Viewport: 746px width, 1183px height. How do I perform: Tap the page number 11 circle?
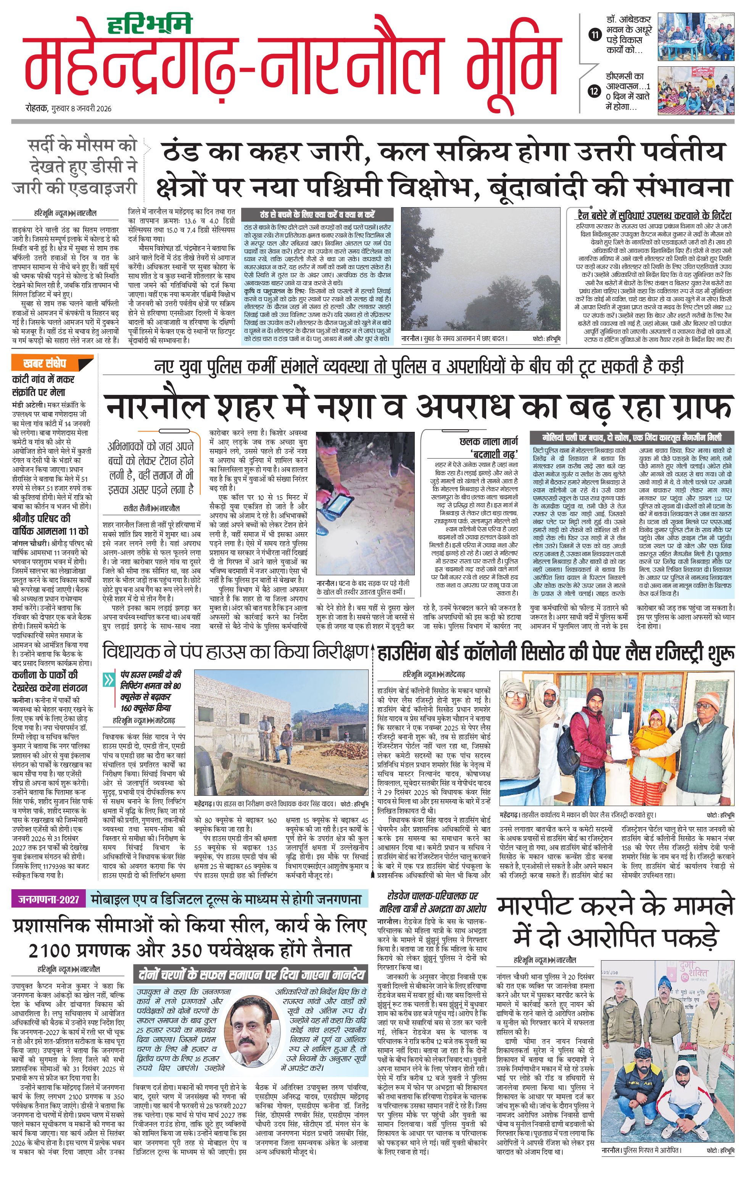pos(595,35)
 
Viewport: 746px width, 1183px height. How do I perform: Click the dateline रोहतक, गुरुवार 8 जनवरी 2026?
pos(69,109)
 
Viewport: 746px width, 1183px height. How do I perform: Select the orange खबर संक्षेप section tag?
pos(44,364)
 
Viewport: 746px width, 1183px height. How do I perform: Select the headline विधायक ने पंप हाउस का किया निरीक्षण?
pos(235,652)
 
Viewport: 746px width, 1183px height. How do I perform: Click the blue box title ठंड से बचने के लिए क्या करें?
pos(317,215)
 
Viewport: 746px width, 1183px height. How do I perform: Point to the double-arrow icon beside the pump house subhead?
pos(109,681)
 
